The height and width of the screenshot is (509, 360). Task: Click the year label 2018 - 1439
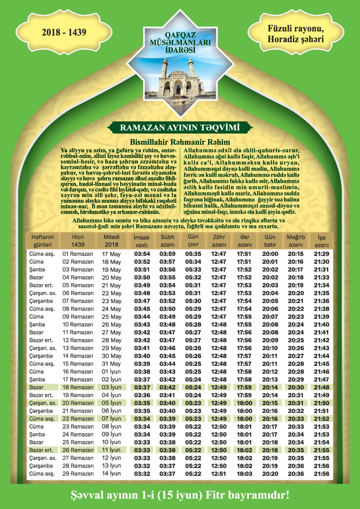64,32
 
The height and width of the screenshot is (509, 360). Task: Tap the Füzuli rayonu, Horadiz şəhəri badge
296,34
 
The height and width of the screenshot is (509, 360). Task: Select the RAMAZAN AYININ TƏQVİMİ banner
180,127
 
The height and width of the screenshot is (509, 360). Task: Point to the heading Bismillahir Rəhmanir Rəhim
180,142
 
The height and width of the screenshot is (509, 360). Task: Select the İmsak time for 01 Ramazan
142,254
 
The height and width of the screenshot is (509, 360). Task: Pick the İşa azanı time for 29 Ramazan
322,473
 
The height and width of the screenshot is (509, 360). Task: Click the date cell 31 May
111,364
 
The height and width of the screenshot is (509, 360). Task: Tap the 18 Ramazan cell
78,387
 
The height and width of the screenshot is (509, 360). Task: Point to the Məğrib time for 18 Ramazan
296,387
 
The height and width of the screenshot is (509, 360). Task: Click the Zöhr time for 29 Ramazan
219,473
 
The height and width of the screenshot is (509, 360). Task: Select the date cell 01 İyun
111,372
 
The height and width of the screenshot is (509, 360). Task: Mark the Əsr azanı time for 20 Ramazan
244,403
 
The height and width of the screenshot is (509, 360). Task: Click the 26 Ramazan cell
78,450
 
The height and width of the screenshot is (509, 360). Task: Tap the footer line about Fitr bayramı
180,495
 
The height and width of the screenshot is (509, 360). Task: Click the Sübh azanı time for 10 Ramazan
167,325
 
